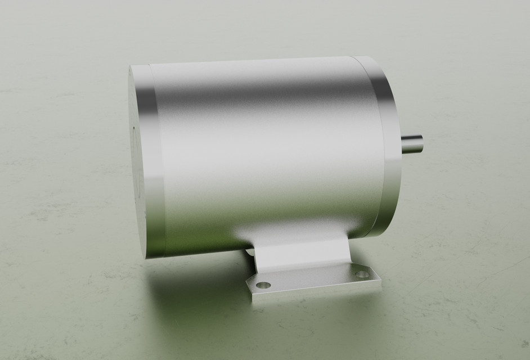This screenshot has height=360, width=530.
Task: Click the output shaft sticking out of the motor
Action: [411, 143]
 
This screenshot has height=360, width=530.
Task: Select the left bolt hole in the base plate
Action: [263, 285]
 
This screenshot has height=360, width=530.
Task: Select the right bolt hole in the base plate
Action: [362, 274]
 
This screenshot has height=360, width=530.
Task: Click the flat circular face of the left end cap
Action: [137, 163]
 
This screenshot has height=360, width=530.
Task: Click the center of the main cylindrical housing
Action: [264, 152]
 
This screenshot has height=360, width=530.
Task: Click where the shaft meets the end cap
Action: [402, 143]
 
